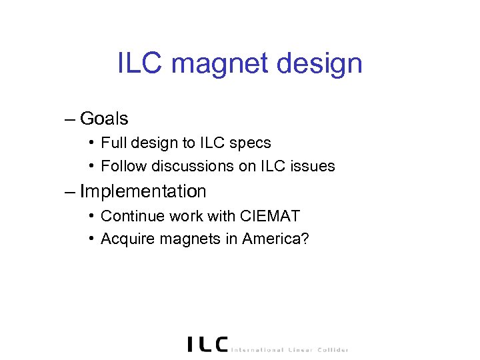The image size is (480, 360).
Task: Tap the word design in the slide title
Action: tap(322, 65)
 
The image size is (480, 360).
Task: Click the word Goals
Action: tap(103, 119)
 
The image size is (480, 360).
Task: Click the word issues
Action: tap(313, 166)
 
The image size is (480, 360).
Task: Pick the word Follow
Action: tap(121, 166)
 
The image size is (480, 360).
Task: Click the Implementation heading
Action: tap(143, 192)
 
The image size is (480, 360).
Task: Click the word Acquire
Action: tap(125, 239)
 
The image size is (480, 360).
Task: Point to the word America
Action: tap(272, 239)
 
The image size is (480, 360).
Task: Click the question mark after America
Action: tap(305, 239)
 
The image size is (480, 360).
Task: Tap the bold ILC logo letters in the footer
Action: tap(207, 344)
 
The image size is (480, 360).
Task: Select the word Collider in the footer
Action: tap(331, 349)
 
